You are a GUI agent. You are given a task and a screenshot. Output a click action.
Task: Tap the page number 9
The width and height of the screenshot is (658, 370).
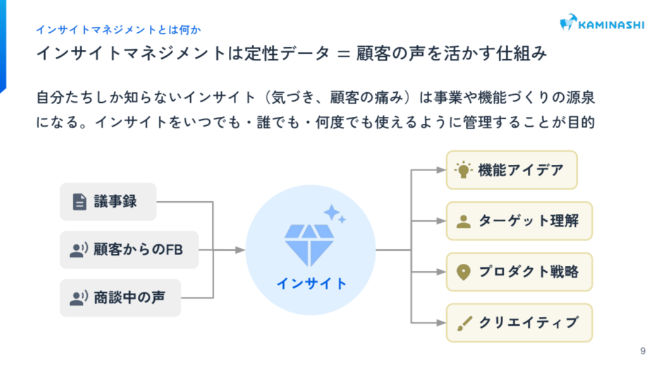tap(643, 351)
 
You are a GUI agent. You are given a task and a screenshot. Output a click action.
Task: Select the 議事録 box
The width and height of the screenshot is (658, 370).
tap(108, 202)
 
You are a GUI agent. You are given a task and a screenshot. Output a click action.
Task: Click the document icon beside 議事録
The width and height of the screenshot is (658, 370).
tap(79, 202)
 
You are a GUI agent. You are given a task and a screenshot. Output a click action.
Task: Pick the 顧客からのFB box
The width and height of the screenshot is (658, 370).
tap(130, 250)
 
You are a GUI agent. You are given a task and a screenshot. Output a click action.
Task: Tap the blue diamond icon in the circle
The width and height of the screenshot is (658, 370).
tap(309, 244)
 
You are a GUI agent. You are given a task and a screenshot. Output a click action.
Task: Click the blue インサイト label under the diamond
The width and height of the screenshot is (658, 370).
tap(311, 283)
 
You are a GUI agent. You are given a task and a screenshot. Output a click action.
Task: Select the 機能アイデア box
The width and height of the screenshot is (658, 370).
tap(512, 170)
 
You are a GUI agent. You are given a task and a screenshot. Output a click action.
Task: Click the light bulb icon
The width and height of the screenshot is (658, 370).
tap(463, 170)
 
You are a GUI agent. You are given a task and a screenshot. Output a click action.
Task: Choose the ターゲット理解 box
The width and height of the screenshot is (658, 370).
tap(520, 222)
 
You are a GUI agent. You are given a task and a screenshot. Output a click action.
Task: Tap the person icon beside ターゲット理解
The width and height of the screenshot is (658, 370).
tap(463, 222)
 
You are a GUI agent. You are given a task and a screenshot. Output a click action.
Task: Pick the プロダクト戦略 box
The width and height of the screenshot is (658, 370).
tap(520, 272)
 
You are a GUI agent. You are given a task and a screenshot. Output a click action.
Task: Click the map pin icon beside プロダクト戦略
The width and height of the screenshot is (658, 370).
tap(463, 273)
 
